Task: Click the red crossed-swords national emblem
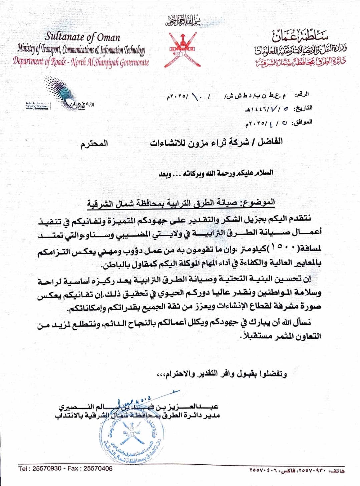click(182, 49)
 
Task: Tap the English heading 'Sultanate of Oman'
click(82, 36)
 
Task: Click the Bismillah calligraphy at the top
click(184, 21)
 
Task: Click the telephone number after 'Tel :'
click(47, 469)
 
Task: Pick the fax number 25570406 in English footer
click(98, 469)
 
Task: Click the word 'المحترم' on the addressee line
click(94, 144)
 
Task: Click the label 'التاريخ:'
click(303, 108)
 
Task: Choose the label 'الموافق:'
click(302, 122)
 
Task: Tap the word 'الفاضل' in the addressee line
click(270, 142)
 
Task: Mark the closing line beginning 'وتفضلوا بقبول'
click(222, 374)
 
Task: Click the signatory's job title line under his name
click(137, 415)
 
